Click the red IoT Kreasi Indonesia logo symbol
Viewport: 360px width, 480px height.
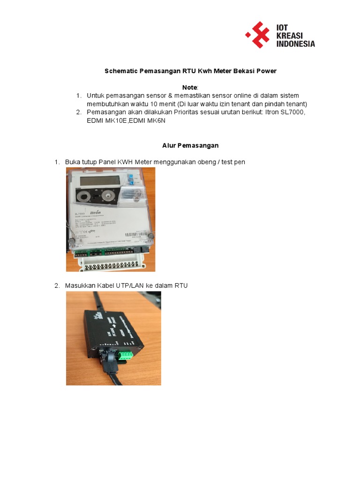click(x=257, y=35)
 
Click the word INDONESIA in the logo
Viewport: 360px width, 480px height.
click(x=296, y=44)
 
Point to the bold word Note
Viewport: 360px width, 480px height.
click(x=190, y=88)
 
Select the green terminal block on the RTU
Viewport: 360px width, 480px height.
click(x=125, y=347)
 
